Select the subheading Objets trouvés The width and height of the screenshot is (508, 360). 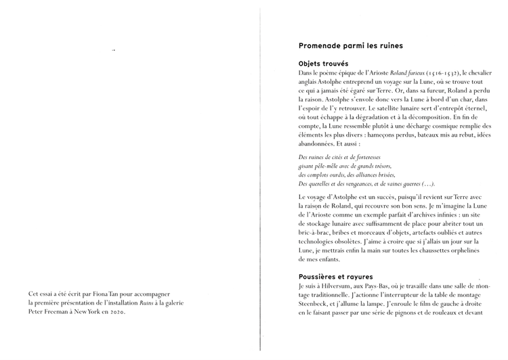(324, 63)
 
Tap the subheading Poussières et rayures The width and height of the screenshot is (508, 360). (335, 277)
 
